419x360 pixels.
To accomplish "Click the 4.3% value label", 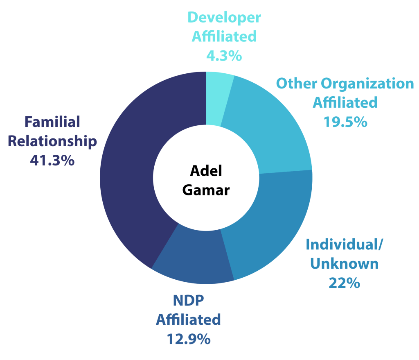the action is [224, 56].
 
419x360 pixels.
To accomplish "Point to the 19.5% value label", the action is [345, 122].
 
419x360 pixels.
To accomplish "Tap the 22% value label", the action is [344, 283].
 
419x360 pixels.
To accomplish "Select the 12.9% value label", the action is [189, 339].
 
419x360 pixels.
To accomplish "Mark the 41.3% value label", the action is [52, 161].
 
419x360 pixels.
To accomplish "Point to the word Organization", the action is [367, 84].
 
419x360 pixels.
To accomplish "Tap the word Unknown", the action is [345, 264].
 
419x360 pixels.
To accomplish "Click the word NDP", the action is [188, 300].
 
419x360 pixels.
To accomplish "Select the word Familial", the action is [52, 122].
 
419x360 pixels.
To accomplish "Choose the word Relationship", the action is [52, 141].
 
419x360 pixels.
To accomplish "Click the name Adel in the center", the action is [206, 171].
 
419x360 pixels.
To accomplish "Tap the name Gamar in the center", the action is [206, 190].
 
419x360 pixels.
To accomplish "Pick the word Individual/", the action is [345, 245].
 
